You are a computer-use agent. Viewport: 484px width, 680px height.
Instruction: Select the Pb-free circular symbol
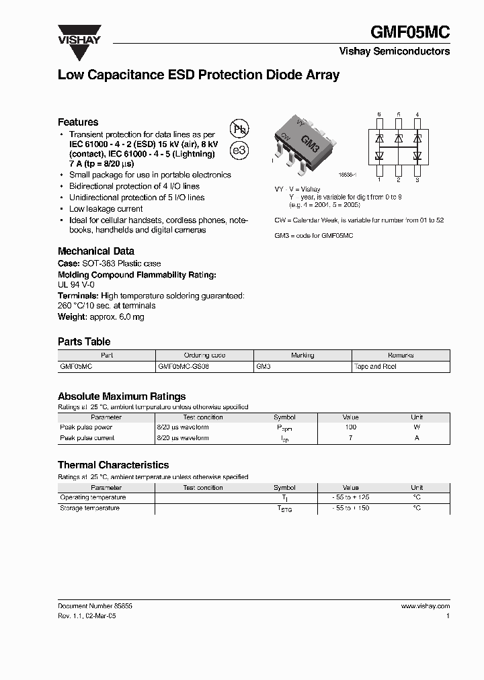tap(239, 129)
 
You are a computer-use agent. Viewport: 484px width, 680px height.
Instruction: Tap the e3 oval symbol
tap(239, 151)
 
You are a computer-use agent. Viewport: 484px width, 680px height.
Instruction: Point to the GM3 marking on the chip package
tap(309, 142)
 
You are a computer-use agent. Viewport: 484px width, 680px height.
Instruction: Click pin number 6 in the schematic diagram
tap(379, 115)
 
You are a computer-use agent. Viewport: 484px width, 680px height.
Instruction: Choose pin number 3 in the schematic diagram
tap(417, 179)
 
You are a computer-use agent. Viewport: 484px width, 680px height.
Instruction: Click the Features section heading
tap(78, 122)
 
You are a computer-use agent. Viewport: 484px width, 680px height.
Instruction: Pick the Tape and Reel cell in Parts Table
tap(375, 367)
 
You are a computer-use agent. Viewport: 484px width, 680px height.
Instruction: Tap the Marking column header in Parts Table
tap(302, 355)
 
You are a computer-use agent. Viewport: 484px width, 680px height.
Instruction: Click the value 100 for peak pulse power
tap(350, 427)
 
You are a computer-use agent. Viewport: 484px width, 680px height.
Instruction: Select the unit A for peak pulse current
tap(417, 438)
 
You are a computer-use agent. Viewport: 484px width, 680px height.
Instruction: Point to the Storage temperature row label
tap(90, 509)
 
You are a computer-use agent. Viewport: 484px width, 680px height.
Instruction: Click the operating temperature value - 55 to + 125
tap(350, 498)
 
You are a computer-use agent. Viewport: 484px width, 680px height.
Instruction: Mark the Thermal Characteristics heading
tap(113, 465)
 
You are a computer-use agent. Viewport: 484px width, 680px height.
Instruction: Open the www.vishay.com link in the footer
tap(425, 605)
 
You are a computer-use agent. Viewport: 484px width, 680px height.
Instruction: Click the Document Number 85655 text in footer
tap(95, 605)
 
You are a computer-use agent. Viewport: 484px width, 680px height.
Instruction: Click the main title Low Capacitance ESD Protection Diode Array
tap(198, 75)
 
